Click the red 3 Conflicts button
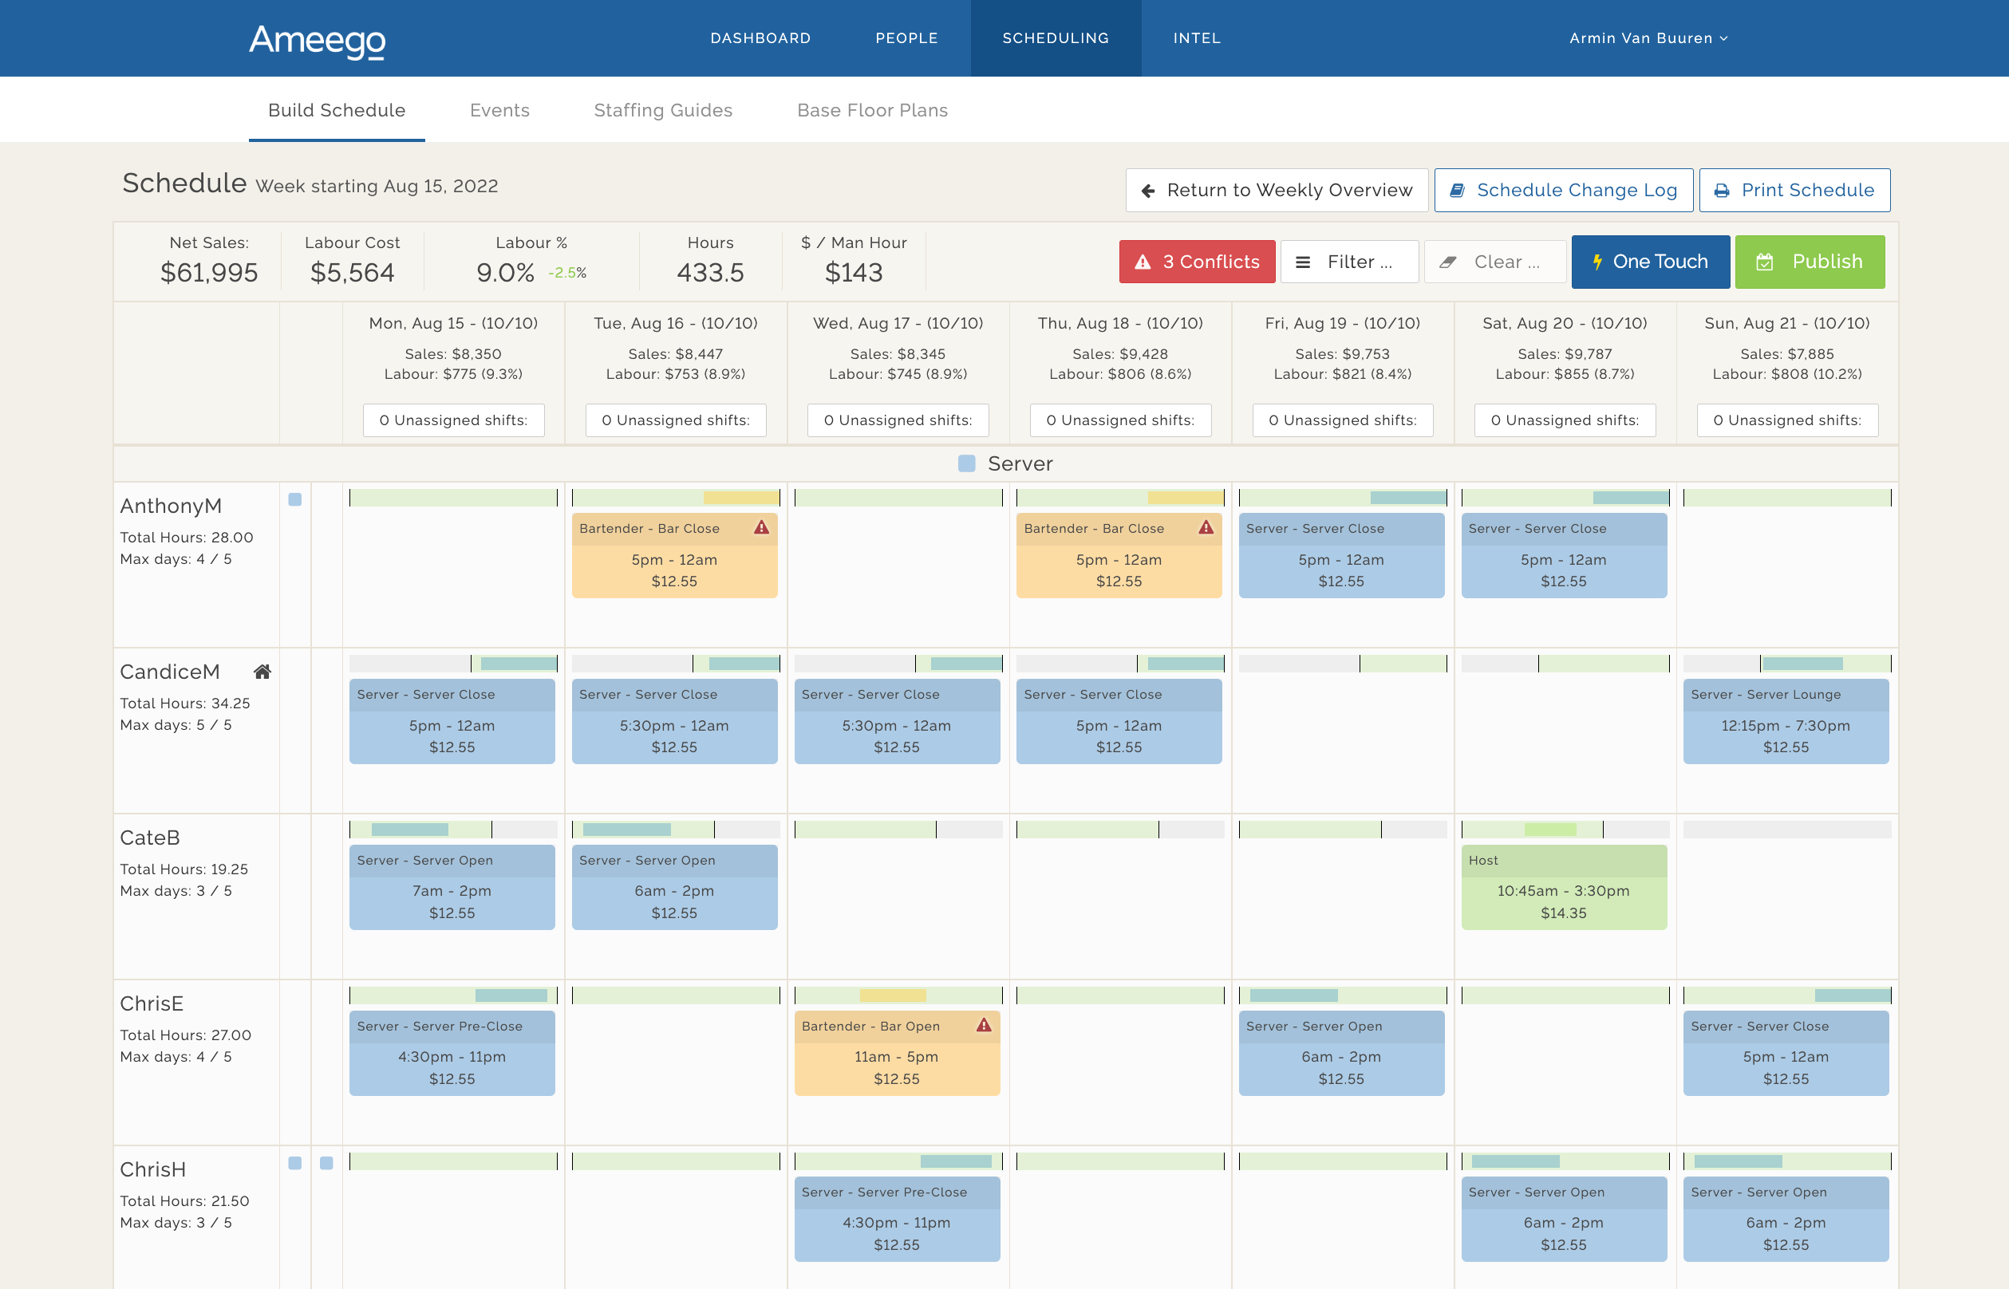(x=1196, y=262)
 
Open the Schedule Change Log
(x=1563, y=190)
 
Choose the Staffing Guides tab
(x=662, y=111)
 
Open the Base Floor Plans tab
(x=871, y=111)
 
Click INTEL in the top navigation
(x=1196, y=38)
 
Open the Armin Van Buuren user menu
(x=1648, y=38)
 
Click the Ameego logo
(x=318, y=40)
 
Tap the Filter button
(x=1348, y=262)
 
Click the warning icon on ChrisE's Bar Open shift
(x=984, y=1025)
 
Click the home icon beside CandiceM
(x=262, y=672)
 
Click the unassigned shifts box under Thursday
(x=1119, y=420)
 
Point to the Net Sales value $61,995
(x=209, y=273)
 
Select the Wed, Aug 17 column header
(x=898, y=323)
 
